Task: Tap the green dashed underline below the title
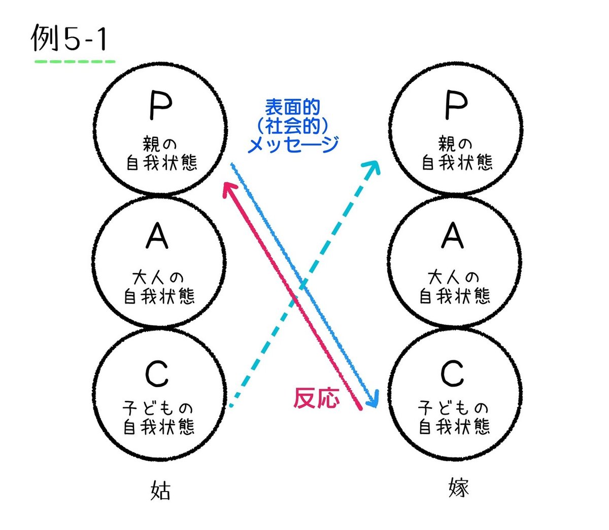click(x=75, y=62)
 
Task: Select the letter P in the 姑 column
click(x=161, y=105)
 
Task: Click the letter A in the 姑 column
click(x=157, y=236)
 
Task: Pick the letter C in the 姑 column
click(x=156, y=374)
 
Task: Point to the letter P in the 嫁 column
click(x=455, y=105)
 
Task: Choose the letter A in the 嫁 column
click(x=453, y=236)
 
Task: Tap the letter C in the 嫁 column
click(x=452, y=374)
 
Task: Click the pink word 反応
click(x=316, y=399)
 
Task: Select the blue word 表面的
click(x=293, y=108)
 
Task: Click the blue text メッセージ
click(x=293, y=145)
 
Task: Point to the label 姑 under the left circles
click(x=160, y=490)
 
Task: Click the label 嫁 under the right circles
click(x=458, y=487)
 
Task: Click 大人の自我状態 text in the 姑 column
click(x=159, y=287)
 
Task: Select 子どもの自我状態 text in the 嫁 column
click(x=454, y=417)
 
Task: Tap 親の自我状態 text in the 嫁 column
click(x=457, y=154)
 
